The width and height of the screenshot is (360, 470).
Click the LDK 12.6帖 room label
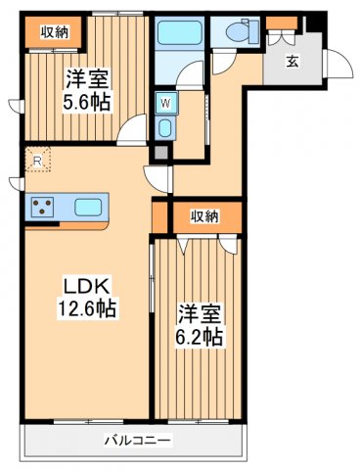[90, 297]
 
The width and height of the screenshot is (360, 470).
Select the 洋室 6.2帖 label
[200, 325]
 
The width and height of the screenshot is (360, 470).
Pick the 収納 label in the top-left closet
[54, 32]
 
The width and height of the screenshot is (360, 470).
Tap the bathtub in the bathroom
[180, 33]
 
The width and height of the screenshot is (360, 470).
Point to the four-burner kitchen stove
[43, 207]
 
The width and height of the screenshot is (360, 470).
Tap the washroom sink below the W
[164, 128]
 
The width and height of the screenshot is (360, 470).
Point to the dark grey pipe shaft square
[157, 154]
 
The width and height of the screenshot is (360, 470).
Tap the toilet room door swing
[223, 61]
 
